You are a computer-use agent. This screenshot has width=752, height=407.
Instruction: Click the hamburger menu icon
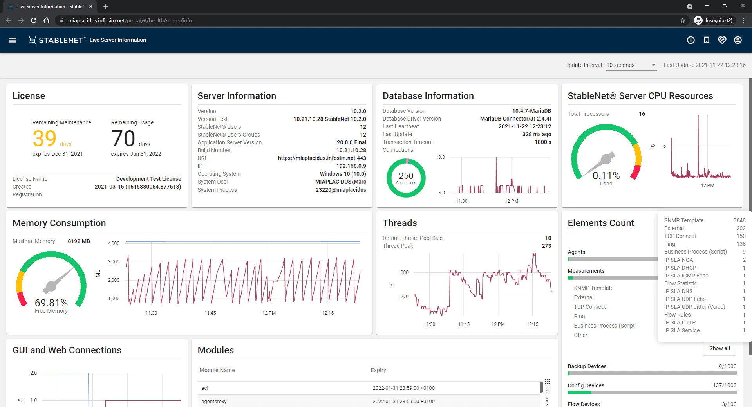pyautogui.click(x=13, y=40)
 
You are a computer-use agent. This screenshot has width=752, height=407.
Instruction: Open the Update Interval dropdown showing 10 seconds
pyautogui.click(x=631, y=65)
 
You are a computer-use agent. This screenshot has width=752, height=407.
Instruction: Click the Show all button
pyautogui.click(x=719, y=348)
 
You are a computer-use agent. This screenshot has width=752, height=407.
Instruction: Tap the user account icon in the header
pyautogui.click(x=738, y=40)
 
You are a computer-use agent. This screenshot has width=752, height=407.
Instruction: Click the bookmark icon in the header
pyautogui.click(x=707, y=40)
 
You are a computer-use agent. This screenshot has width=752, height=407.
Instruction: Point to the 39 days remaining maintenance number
pyautogui.click(x=45, y=139)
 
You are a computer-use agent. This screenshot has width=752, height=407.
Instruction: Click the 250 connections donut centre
pyautogui.click(x=406, y=177)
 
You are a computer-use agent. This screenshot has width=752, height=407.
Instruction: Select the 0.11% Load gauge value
pyautogui.click(x=606, y=175)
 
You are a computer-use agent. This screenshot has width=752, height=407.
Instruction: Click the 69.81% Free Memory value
pyautogui.click(x=51, y=303)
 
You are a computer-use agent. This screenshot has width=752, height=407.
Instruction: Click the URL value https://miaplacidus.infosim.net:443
pyautogui.click(x=322, y=158)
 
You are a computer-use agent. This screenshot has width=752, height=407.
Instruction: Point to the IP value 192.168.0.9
pyautogui.click(x=351, y=166)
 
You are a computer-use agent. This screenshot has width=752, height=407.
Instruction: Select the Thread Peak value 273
pyautogui.click(x=546, y=246)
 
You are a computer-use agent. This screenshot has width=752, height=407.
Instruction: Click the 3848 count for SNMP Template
pyautogui.click(x=739, y=220)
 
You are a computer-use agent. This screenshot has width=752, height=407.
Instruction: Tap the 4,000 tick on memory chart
pyautogui.click(x=114, y=243)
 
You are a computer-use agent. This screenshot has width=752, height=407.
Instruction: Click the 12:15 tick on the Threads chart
pyautogui.click(x=532, y=324)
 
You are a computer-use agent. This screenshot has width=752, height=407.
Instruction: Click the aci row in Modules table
pyautogui.click(x=205, y=388)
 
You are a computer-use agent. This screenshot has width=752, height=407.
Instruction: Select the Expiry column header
pyautogui.click(x=378, y=370)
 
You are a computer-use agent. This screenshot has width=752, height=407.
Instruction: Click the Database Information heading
pyautogui.click(x=428, y=96)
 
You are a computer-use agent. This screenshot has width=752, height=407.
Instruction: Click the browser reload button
pyautogui.click(x=34, y=20)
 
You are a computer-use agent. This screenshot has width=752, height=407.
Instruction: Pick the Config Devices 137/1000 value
pyautogui.click(x=724, y=385)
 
